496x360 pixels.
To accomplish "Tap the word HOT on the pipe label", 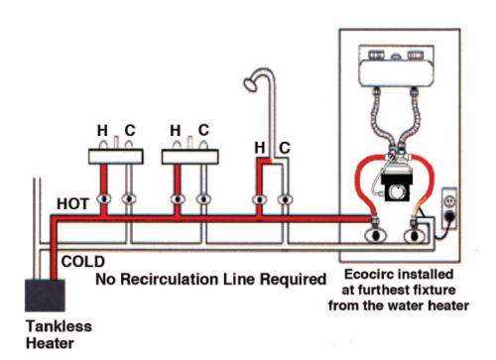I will [72, 203].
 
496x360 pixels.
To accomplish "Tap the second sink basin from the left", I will [189, 156].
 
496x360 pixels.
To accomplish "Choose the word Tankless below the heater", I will [47, 325].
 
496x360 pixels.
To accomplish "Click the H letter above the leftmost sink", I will [101, 130].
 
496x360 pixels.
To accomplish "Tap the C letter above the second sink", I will [203, 130].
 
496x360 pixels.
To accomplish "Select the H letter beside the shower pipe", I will [260, 148].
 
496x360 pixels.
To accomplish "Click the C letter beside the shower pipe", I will [285, 148].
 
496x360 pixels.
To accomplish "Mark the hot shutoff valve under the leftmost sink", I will [102, 199].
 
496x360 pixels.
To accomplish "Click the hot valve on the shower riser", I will [259, 200].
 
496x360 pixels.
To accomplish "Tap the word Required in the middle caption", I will [287, 279].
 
